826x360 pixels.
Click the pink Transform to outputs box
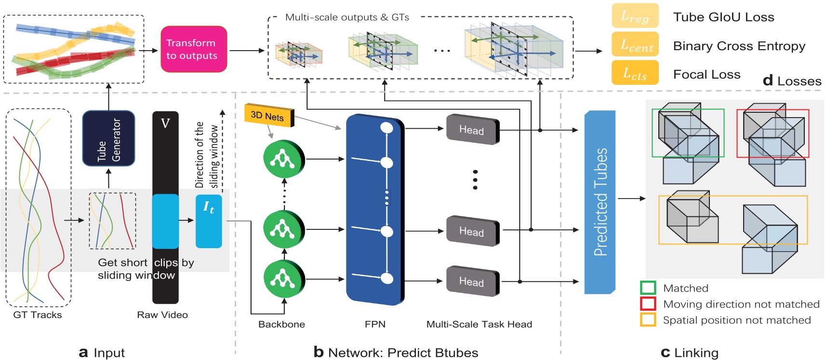[193, 49]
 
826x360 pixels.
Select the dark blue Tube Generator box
[108, 138]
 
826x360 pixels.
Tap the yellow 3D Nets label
[269, 116]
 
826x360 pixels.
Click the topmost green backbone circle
[283, 159]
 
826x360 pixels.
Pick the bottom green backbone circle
[283, 279]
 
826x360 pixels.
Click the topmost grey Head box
[472, 130]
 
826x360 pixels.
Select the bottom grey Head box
[472, 281]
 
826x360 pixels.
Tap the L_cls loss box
[635, 73]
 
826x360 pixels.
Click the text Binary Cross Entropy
[739, 46]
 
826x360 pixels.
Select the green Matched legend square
[648, 288]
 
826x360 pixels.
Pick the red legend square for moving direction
[648, 304]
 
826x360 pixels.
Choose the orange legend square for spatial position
[648, 320]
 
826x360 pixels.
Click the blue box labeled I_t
[209, 221]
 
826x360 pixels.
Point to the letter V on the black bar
[165, 123]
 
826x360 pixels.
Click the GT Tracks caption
[38, 315]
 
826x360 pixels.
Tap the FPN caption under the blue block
[375, 324]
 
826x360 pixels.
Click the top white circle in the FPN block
[386, 128]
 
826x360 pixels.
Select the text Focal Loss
[706, 74]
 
